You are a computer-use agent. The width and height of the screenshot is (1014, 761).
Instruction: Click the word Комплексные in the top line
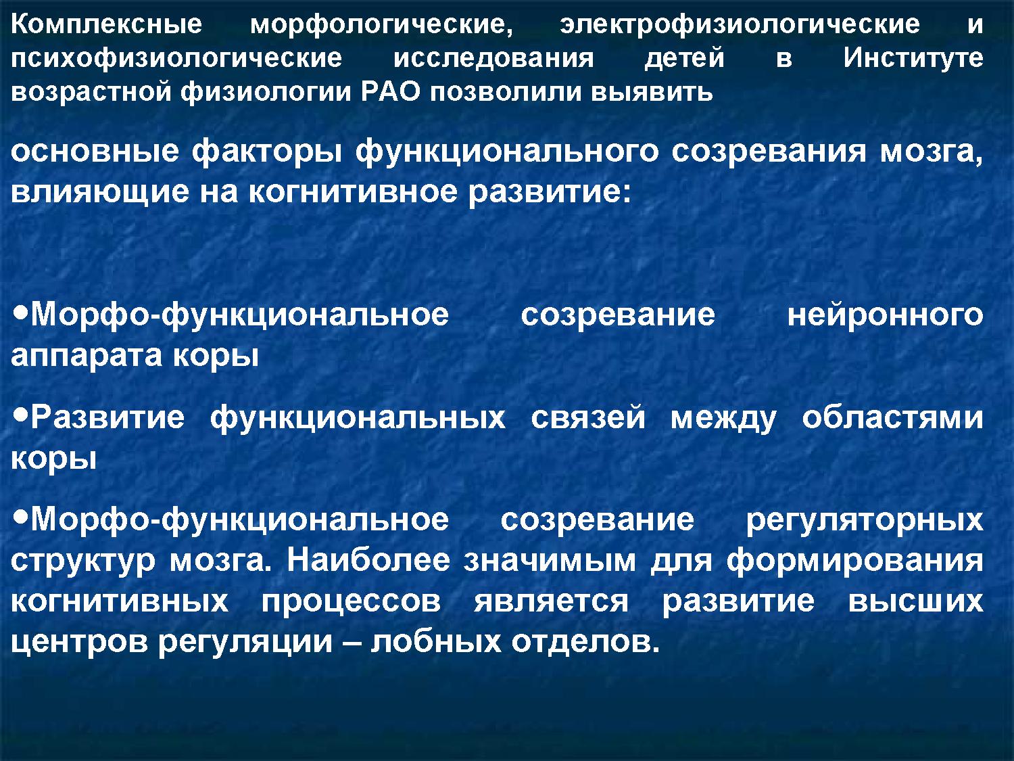(x=106, y=25)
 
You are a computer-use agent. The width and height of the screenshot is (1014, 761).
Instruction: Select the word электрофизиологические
(x=740, y=25)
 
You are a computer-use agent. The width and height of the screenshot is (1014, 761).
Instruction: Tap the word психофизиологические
(x=176, y=60)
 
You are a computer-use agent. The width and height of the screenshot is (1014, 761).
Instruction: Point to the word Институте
(x=913, y=58)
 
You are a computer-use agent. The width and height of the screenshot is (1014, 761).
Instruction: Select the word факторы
(x=267, y=152)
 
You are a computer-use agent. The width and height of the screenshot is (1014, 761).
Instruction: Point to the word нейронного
(x=885, y=316)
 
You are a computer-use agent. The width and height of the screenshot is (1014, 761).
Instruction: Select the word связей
(x=588, y=417)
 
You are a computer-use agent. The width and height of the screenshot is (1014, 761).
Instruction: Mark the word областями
(x=892, y=417)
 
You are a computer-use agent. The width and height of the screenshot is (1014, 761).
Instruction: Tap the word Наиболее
(x=368, y=561)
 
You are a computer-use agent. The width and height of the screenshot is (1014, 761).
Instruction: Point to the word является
(x=551, y=601)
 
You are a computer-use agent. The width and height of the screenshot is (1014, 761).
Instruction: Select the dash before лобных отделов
(x=352, y=643)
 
